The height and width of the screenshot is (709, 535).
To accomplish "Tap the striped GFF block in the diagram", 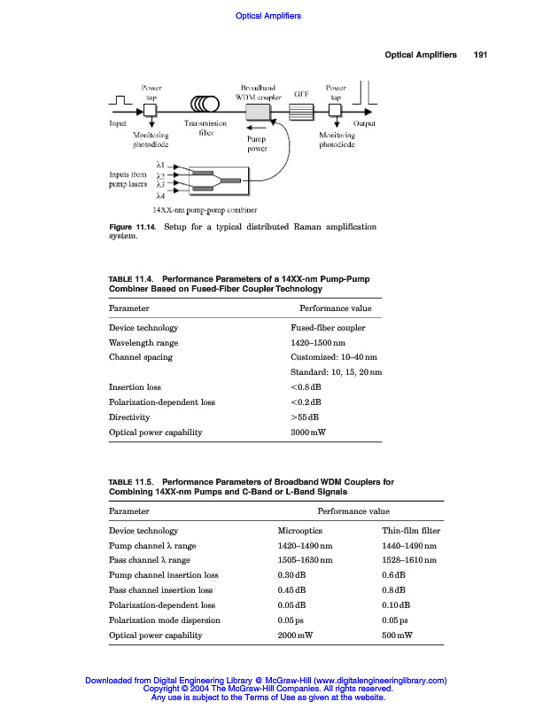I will (x=303, y=112).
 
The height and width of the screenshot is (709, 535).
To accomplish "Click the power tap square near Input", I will (x=150, y=110).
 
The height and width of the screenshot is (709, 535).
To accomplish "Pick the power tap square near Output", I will (x=336, y=111).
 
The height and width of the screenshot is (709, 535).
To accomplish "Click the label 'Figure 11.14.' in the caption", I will (x=132, y=227).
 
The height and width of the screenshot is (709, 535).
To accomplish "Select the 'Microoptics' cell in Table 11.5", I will (x=299, y=531).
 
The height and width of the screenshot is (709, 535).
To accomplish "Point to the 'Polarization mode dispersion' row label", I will (x=164, y=620).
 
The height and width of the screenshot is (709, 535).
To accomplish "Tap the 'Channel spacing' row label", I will (x=140, y=357).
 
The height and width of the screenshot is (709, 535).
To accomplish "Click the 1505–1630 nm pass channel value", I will (x=306, y=560).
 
